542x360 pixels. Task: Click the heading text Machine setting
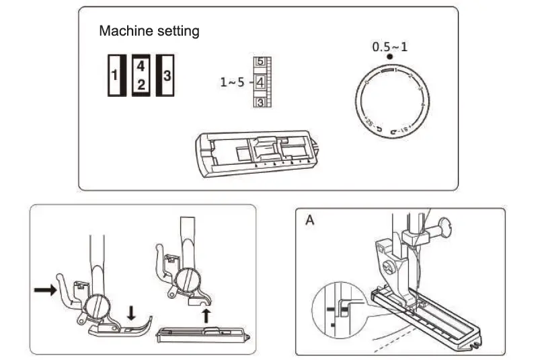(x=149, y=31)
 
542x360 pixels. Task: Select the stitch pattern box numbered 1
(x=114, y=75)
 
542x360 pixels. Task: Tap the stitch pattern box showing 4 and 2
(x=141, y=75)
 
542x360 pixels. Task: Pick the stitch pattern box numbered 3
(x=166, y=75)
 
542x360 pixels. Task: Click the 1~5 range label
(x=232, y=83)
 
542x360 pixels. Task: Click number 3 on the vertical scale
(x=259, y=102)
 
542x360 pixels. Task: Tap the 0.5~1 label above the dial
(x=390, y=47)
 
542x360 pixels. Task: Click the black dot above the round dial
(x=389, y=59)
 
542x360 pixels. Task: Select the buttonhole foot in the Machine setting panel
(x=256, y=152)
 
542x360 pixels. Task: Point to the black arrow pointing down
(x=132, y=312)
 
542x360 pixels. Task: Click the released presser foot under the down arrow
(x=121, y=325)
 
